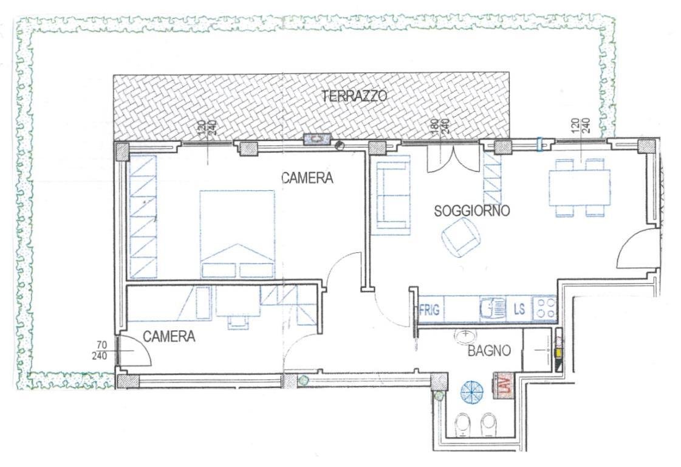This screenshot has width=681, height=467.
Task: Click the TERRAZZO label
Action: click(355, 95)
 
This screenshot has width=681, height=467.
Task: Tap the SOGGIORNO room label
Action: click(471, 211)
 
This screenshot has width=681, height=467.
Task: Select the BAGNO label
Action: click(488, 350)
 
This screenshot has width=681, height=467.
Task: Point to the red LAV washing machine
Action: click(504, 386)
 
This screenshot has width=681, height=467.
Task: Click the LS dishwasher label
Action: click(519, 309)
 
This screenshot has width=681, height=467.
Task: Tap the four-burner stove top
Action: click(546, 309)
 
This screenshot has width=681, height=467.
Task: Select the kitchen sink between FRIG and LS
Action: click(493, 309)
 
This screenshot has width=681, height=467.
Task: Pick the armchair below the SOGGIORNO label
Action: click(460, 237)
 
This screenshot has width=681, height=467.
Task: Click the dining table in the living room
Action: click(580, 187)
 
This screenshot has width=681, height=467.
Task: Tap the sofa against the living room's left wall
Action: click(393, 195)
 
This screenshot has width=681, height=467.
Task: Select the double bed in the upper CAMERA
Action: click(237, 234)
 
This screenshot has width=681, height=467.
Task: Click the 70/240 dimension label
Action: click(100, 351)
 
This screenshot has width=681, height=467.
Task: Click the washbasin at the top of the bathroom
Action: click(465, 336)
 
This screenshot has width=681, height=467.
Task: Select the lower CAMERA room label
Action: click(169, 336)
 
